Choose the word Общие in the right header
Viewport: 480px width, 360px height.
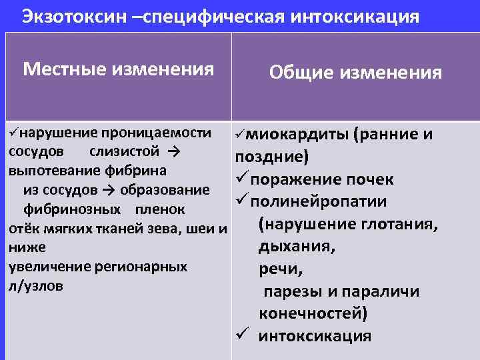point(302,72)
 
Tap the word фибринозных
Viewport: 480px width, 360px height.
point(72,209)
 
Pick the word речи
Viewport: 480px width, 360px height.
point(274,270)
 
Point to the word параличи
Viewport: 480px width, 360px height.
point(387,292)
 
